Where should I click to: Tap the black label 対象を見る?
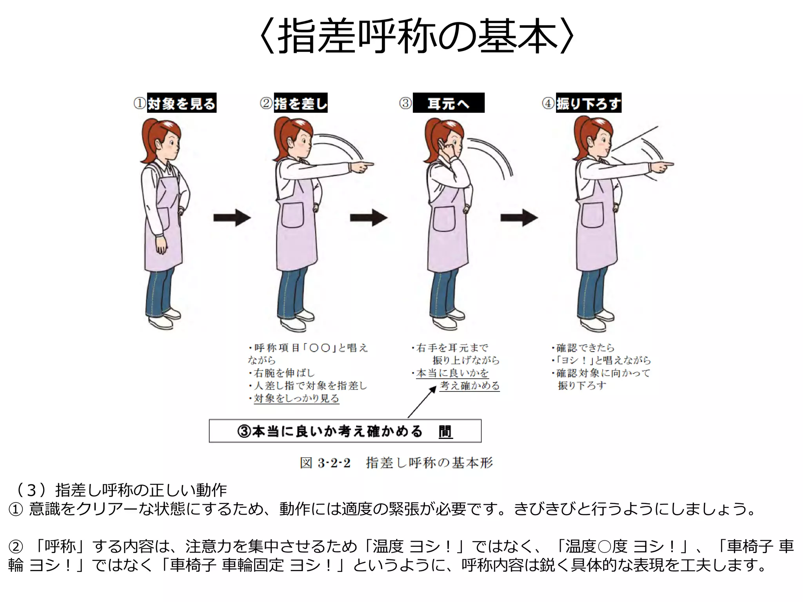182,103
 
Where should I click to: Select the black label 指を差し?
300,103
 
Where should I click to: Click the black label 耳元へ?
449,103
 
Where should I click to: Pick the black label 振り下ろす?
588,103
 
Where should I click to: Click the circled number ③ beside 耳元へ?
405,103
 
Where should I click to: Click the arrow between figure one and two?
232,218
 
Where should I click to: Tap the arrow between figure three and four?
519,218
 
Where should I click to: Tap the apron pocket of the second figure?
292,216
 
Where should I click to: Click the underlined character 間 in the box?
445,432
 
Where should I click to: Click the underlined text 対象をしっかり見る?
296,399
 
